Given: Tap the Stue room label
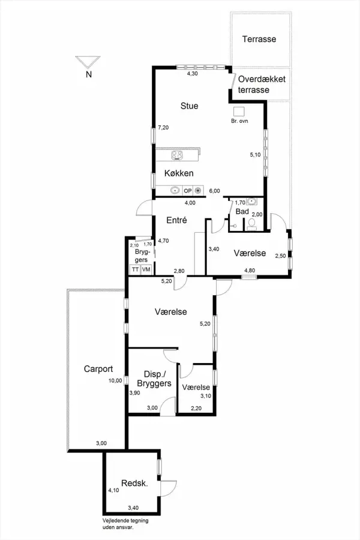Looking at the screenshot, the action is click(x=189, y=106).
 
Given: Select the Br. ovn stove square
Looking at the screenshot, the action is click(x=239, y=112).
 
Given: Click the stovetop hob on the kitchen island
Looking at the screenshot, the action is click(x=177, y=155).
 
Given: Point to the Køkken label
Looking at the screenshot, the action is click(x=179, y=173).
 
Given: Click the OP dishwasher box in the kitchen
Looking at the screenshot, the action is click(x=188, y=190).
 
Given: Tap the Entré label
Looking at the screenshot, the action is click(x=176, y=220).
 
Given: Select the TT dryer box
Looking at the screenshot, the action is click(x=135, y=269).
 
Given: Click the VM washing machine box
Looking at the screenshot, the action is click(x=146, y=269).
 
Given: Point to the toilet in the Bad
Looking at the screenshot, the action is click(x=251, y=224).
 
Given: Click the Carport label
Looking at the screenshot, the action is click(x=98, y=369).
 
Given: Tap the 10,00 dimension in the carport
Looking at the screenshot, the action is click(x=115, y=380).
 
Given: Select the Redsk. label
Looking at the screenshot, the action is click(x=134, y=483).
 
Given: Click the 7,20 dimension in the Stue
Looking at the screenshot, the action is click(x=163, y=127).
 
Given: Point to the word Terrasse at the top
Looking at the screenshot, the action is click(x=259, y=39).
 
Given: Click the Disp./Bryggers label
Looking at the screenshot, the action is click(x=154, y=379).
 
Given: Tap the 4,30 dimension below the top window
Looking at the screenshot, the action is click(x=192, y=73).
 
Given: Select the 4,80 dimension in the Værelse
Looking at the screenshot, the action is click(x=250, y=271).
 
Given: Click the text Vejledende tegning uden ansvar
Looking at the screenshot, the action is click(x=125, y=523).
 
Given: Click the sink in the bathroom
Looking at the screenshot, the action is click(x=252, y=201).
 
